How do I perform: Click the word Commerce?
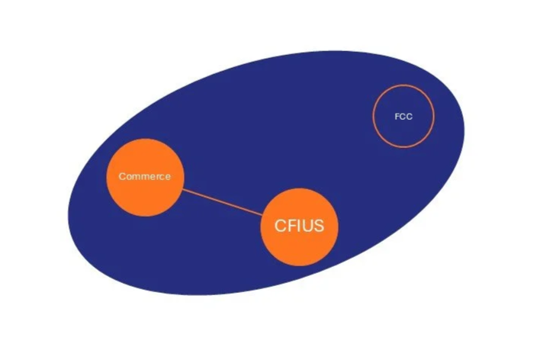click(145, 177)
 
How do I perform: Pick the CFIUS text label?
click(299, 226)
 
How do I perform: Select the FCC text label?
click(403, 117)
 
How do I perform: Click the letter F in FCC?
click(397, 117)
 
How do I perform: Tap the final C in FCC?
click(410, 117)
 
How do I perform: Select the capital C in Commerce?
click(122, 177)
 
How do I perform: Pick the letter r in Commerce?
click(156, 177)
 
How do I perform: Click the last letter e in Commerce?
click(168, 177)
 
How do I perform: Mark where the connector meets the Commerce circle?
click(182, 189)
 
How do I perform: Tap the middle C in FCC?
click(403, 117)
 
